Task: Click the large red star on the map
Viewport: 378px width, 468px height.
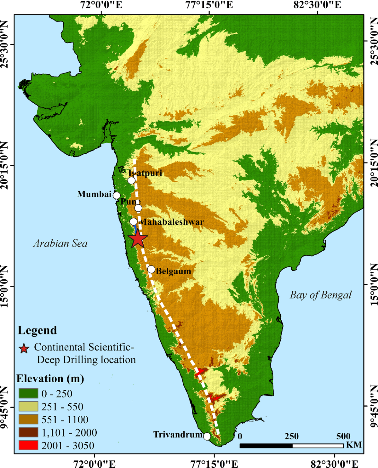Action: [x=138, y=239]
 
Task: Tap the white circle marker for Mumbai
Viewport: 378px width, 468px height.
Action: [x=117, y=195]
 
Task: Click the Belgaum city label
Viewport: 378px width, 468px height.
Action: [x=173, y=271]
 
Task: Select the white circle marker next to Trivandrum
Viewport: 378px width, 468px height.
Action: [x=207, y=437]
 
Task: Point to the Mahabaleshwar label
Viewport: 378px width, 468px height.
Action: [x=172, y=222]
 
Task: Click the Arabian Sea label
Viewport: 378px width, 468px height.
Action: [x=60, y=243]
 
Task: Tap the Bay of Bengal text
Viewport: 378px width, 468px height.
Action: [x=320, y=295]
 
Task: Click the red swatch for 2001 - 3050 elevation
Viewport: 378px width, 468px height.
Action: [x=28, y=445]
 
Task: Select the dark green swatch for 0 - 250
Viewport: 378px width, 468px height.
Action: [x=28, y=393]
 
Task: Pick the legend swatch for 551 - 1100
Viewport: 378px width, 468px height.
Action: [x=28, y=419]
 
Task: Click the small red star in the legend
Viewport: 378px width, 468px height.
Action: [x=24, y=348]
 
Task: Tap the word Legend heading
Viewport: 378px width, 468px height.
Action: [x=37, y=330]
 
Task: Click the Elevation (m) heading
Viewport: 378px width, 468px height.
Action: [x=50, y=379]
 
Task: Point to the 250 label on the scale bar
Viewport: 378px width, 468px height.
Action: [x=291, y=437]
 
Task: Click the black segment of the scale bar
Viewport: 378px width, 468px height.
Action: [x=266, y=446]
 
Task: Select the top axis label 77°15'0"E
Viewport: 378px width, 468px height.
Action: [x=209, y=5]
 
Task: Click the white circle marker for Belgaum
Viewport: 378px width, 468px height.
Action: [x=151, y=269]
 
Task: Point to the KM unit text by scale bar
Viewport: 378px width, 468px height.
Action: [x=354, y=445]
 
